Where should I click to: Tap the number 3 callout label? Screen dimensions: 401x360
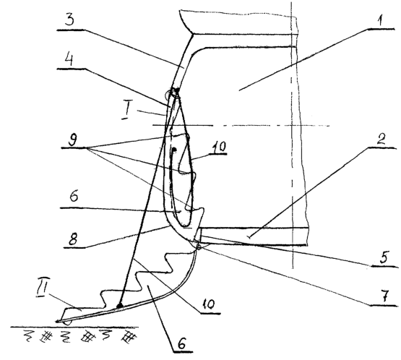click(x=69, y=20)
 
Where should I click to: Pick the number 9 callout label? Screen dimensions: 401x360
click(x=72, y=140)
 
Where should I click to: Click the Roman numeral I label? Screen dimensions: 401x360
click(x=125, y=113)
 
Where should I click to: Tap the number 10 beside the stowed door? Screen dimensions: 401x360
click(x=219, y=147)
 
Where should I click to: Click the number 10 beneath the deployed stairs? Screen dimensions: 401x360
click(x=208, y=304)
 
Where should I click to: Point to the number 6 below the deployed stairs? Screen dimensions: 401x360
click(x=181, y=343)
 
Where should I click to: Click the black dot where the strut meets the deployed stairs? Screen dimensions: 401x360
click(x=119, y=306)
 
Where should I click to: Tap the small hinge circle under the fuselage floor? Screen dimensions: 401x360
click(x=199, y=247)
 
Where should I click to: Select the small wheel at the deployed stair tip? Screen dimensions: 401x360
click(x=66, y=322)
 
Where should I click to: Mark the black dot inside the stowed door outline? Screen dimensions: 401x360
click(x=173, y=149)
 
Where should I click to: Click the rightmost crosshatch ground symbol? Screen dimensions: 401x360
click(x=129, y=336)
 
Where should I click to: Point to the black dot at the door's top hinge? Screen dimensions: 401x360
click(x=176, y=90)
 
